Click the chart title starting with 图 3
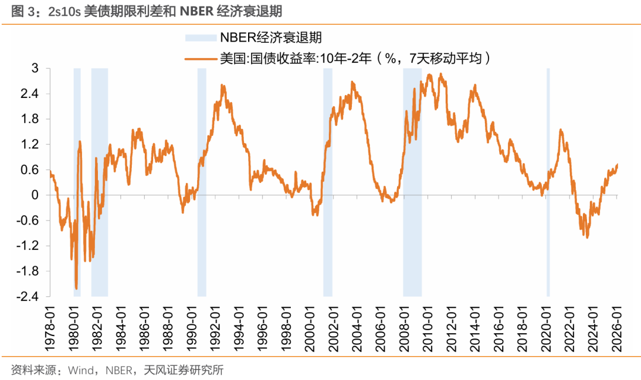click(x=142, y=11)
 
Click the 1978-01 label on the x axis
click(x=50, y=321)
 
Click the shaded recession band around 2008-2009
click(x=412, y=178)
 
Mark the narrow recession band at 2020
click(x=548, y=178)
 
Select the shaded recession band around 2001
click(x=328, y=178)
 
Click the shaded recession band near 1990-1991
click(x=202, y=178)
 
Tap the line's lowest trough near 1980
click(x=77, y=289)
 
